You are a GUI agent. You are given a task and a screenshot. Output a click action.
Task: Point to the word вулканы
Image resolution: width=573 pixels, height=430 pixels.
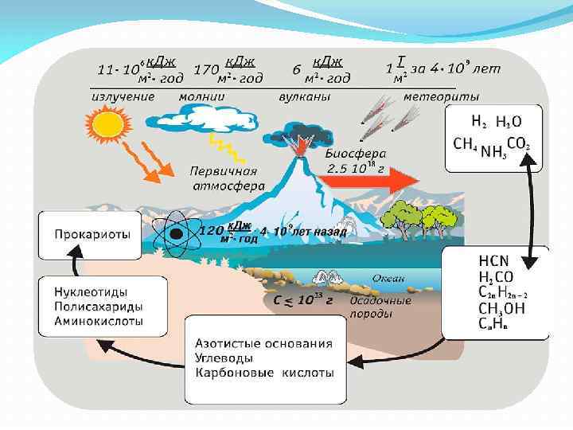pos(304,96)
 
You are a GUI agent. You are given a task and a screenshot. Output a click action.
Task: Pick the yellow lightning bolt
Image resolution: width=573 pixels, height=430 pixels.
pos(221,148)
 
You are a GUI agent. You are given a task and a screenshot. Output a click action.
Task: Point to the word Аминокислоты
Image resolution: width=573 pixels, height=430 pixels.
pos(99,321)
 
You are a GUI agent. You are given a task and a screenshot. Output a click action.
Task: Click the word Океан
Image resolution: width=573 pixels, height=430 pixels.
pos(389,278)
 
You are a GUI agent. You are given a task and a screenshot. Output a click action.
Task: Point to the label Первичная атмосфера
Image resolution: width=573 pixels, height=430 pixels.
pos(224,178)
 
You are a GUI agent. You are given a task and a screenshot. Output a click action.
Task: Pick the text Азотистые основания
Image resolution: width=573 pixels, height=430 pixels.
pos(263,344)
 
